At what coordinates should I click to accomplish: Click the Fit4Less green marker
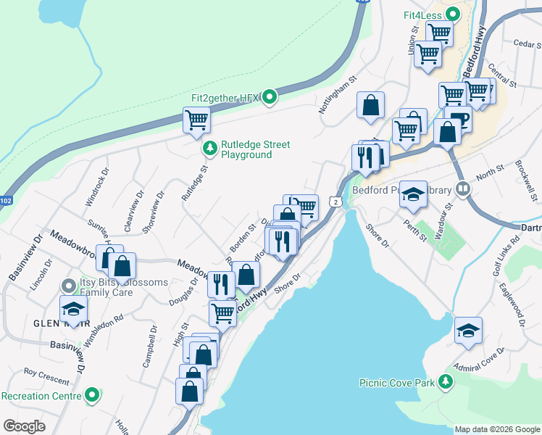click(x=454, y=14)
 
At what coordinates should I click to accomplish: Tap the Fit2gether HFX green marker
click(x=270, y=96)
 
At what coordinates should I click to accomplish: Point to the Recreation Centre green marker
click(x=92, y=396)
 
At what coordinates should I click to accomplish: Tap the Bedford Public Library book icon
click(x=463, y=190)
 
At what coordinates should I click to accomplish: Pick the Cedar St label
click(x=527, y=43)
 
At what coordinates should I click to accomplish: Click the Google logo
click(x=24, y=426)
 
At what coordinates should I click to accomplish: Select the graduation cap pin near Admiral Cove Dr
click(x=469, y=331)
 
